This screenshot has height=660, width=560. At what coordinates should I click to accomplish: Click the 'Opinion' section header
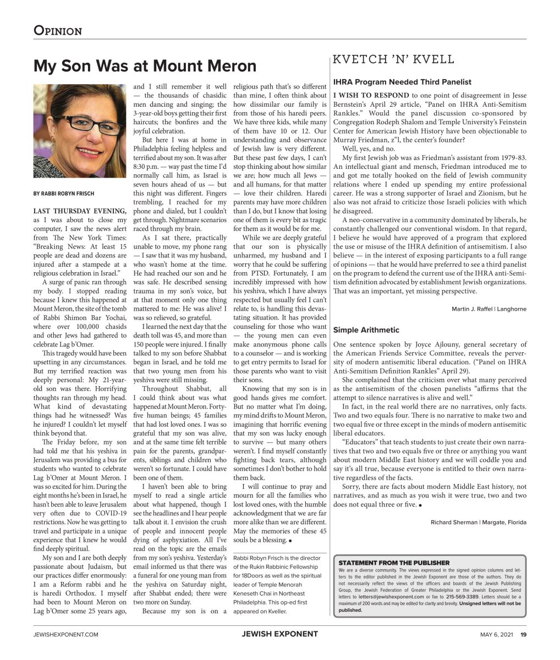click(x=58, y=30)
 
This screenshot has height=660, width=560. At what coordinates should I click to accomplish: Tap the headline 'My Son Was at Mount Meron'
click(x=145, y=66)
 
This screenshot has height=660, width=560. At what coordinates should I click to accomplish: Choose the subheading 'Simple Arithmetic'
click(x=366, y=330)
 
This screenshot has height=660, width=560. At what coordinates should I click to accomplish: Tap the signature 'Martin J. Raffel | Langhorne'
click(x=488, y=309)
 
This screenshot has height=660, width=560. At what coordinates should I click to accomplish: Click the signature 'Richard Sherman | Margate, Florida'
click(x=478, y=522)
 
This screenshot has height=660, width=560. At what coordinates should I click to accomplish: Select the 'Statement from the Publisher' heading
click(x=394, y=563)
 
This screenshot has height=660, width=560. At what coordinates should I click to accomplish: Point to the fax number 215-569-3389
click(x=462, y=596)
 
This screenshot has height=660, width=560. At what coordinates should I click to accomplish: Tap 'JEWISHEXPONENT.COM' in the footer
click(x=66, y=634)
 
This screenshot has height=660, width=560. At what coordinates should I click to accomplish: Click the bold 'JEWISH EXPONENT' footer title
click(x=279, y=634)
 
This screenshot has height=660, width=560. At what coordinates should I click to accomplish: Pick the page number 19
click(x=523, y=634)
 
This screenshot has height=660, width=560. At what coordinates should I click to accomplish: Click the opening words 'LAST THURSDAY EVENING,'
click(x=79, y=211)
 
